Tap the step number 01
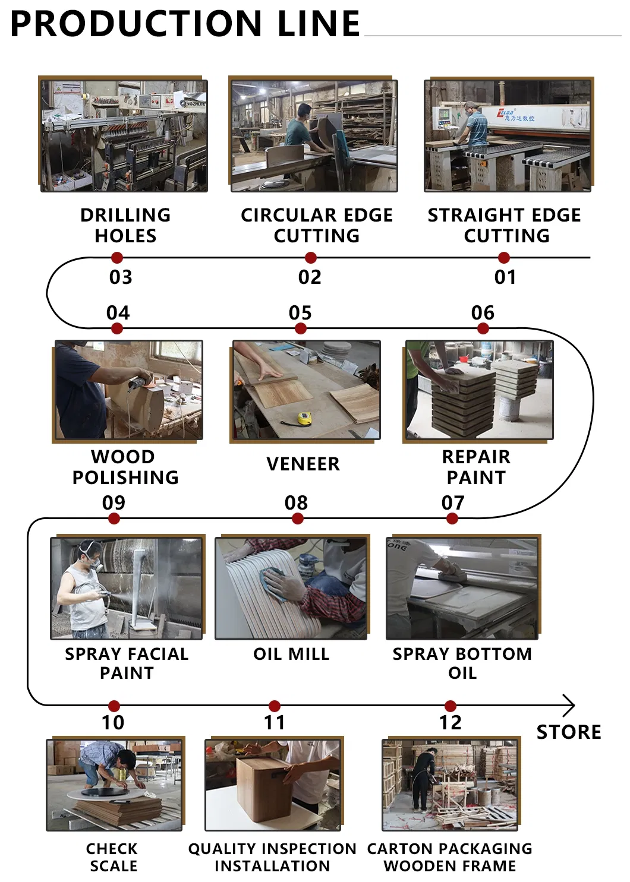point(505,277)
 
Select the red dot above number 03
point(117,258)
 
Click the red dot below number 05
point(301,328)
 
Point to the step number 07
point(453,503)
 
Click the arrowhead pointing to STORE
point(569,706)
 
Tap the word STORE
point(569,732)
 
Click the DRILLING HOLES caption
point(125,225)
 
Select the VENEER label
point(303,464)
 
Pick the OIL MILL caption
point(291,654)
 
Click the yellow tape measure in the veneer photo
point(304,419)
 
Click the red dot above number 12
point(451,706)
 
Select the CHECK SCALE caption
point(113,857)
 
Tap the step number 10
point(113,723)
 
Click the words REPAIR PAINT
point(476,467)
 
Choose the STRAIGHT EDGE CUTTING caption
point(505,225)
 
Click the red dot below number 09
point(114,519)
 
